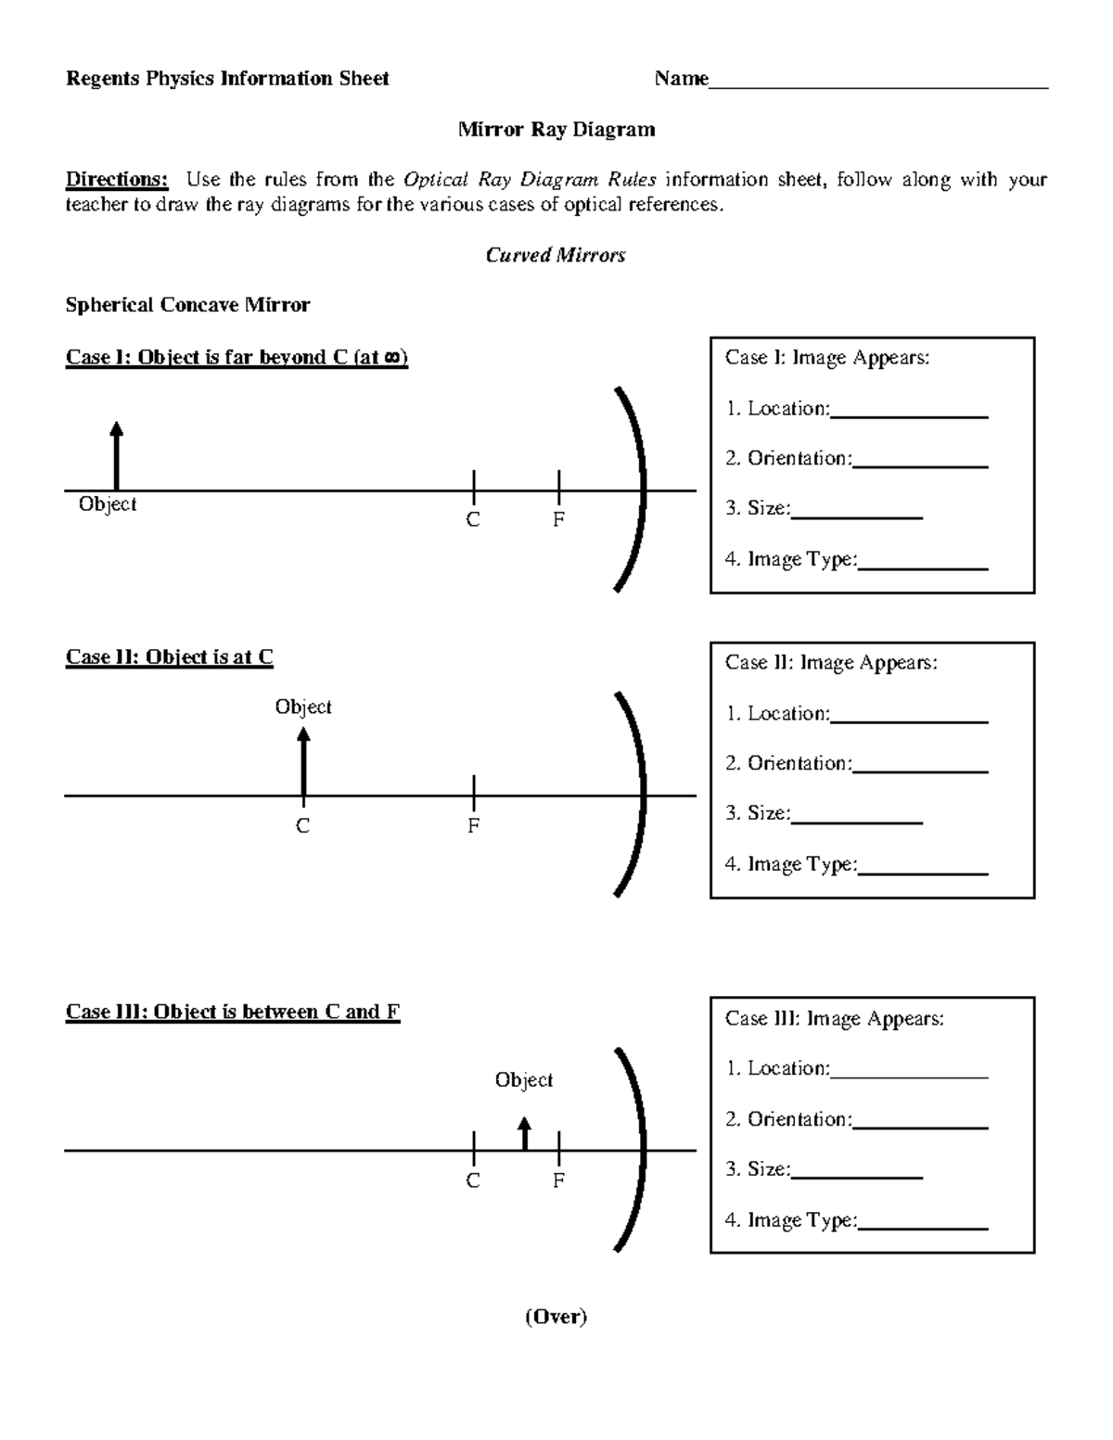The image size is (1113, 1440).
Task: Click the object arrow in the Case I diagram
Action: pos(116,455)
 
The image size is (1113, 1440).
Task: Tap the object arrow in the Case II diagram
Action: pos(303,761)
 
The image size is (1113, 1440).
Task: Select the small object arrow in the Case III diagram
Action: pos(525,1134)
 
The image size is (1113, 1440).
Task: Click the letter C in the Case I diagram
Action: pos(473,520)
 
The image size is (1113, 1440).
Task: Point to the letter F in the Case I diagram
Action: pos(558,520)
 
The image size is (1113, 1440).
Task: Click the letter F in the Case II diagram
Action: pos(473,825)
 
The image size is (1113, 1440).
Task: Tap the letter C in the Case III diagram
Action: pos(473,1180)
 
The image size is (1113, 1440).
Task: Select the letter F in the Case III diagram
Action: pos(558,1180)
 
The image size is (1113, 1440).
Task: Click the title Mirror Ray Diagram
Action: pos(556,129)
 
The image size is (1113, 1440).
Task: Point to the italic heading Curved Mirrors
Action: pos(556,255)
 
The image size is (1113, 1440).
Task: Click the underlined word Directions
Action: pos(117,179)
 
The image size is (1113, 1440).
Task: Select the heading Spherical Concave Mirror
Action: pos(187,305)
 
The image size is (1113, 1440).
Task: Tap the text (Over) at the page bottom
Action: pos(556,1317)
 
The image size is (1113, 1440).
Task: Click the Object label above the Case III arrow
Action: pos(524,1080)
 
